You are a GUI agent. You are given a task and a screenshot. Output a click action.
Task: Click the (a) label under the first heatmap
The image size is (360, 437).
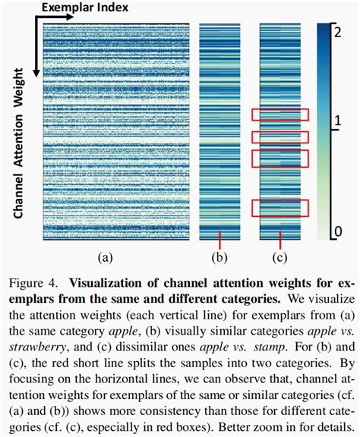click(105, 257)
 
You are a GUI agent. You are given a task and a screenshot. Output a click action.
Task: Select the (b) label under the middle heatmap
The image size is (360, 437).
click(220, 257)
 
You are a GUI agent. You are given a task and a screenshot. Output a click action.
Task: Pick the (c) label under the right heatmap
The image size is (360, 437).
click(280, 257)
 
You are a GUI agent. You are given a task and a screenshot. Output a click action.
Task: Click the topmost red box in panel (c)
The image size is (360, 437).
click(280, 115)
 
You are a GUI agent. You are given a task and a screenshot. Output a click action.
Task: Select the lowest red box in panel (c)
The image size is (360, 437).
click(280, 208)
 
